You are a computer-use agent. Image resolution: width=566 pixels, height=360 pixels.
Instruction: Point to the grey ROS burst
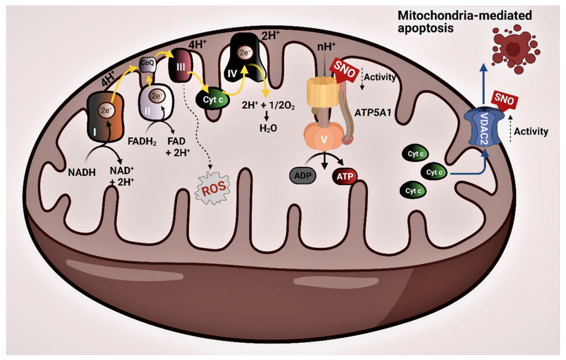point(213,189)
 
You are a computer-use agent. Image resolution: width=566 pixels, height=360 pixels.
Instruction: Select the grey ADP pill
point(303,176)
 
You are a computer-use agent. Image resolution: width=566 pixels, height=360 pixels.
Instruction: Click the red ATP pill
point(345,177)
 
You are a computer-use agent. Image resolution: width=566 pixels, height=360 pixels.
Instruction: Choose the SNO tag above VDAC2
point(504,99)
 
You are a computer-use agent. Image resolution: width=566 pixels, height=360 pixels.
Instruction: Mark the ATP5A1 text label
point(373,113)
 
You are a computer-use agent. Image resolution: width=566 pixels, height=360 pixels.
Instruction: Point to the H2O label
point(268,129)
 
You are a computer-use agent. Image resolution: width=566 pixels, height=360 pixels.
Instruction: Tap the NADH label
point(82,173)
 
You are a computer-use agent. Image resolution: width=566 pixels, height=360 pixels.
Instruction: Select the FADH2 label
point(142,142)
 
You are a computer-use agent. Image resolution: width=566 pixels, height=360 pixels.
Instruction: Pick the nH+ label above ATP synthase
point(326,47)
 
